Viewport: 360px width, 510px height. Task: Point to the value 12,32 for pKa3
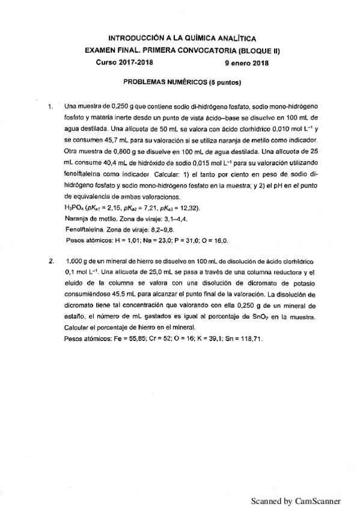coord(188,207)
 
